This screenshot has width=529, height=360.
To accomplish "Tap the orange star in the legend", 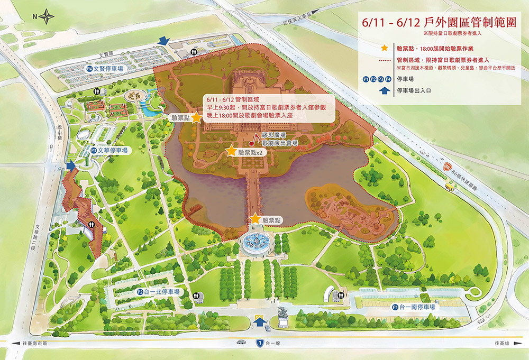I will tap(384, 48).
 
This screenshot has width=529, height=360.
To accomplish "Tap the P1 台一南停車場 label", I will tap(414, 307).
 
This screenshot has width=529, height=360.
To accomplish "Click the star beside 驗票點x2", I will tap(231, 151).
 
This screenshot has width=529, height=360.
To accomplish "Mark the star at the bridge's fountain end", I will tap(256, 218).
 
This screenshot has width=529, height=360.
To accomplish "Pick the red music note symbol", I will tap(253, 140).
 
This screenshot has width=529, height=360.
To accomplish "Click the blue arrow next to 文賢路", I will tap(164, 41).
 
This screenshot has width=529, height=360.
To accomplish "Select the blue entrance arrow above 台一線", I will tap(260, 320).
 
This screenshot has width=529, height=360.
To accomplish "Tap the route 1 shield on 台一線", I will tap(260, 343).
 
